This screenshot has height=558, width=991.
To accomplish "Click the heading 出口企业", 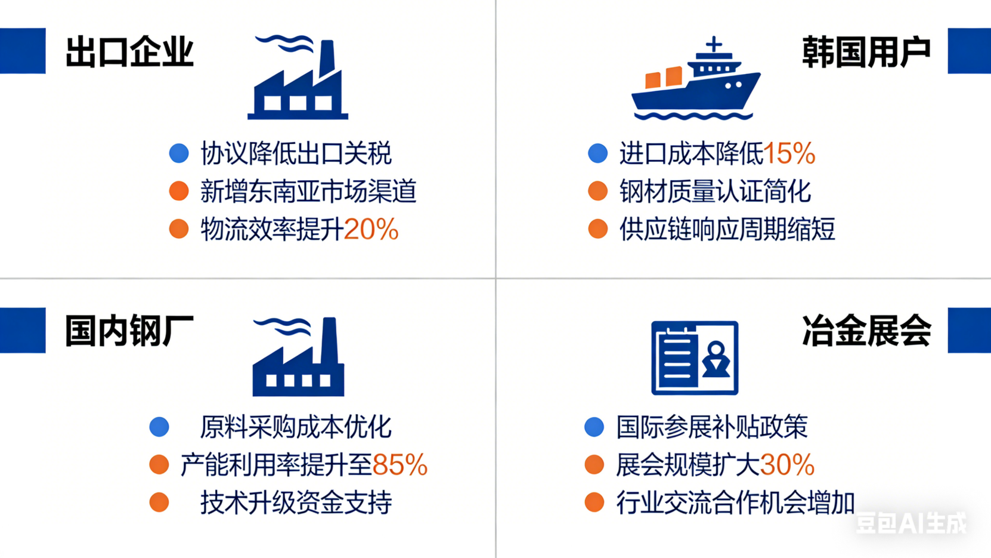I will click(x=129, y=52).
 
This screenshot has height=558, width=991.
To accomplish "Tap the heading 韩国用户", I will click(x=866, y=52).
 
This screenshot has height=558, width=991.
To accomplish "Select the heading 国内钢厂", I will click(x=129, y=331).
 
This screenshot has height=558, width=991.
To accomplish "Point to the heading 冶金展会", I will click(x=866, y=331).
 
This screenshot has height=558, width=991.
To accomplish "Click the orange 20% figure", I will click(x=371, y=230).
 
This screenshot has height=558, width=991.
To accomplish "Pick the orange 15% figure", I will click(x=789, y=154).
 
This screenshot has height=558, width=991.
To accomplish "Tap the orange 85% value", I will click(x=400, y=465).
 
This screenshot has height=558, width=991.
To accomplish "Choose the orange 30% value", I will click(x=787, y=465).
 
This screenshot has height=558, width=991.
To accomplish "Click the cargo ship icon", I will click(x=695, y=81).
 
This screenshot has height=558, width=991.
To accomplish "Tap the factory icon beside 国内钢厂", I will click(x=298, y=357).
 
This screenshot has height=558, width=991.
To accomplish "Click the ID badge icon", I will click(x=695, y=358).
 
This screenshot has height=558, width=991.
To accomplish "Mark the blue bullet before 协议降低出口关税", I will click(x=179, y=153).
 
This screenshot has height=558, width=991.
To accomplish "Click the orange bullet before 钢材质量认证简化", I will click(x=597, y=192).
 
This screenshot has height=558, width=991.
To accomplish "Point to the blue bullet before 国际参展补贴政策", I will click(x=594, y=427).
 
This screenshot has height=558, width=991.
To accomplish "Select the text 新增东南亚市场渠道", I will click(x=308, y=192).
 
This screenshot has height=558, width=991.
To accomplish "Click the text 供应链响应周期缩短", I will click(x=727, y=230).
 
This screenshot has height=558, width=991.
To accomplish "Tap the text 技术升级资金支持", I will click(x=296, y=502).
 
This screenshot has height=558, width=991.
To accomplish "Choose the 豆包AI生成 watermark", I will click(x=911, y=523).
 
